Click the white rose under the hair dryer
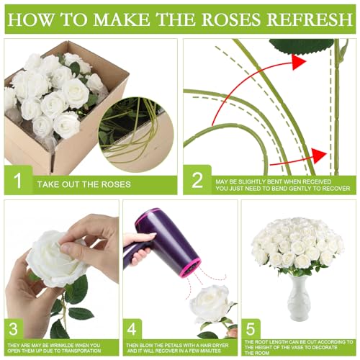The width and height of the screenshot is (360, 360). point(212,303)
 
